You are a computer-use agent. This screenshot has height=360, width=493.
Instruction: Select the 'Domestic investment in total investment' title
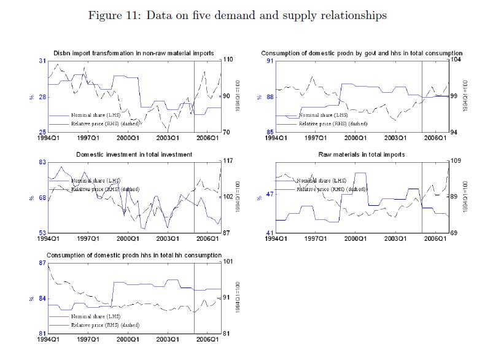click(x=134, y=154)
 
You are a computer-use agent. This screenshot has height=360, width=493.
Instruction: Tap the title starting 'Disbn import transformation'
click(x=134, y=53)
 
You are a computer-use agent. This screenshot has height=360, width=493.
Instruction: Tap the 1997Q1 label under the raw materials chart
click(x=316, y=238)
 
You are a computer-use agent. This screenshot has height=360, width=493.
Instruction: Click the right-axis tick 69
click(x=455, y=233)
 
